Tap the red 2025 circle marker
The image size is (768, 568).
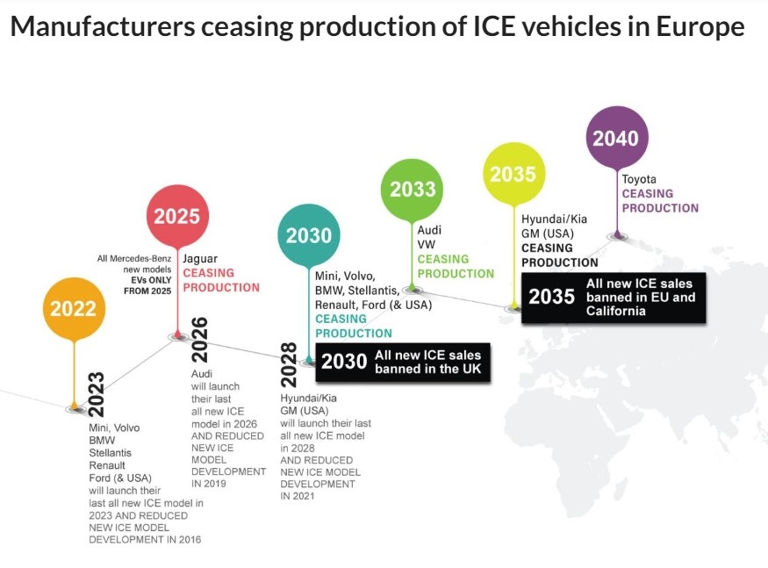click(x=177, y=216)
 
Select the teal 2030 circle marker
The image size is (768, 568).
click(x=309, y=234)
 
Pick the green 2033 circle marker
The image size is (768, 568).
click(x=413, y=189)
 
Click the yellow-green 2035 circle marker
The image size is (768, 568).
click(x=513, y=173)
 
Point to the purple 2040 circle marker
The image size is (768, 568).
click(x=615, y=138)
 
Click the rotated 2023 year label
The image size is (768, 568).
click(x=96, y=393)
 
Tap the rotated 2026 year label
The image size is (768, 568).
click(x=199, y=339)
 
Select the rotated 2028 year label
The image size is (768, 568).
click(x=290, y=362)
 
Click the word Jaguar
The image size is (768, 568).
click(x=200, y=259)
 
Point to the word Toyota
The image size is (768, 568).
click(x=639, y=179)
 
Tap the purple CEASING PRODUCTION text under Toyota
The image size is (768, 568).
click(x=660, y=200)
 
